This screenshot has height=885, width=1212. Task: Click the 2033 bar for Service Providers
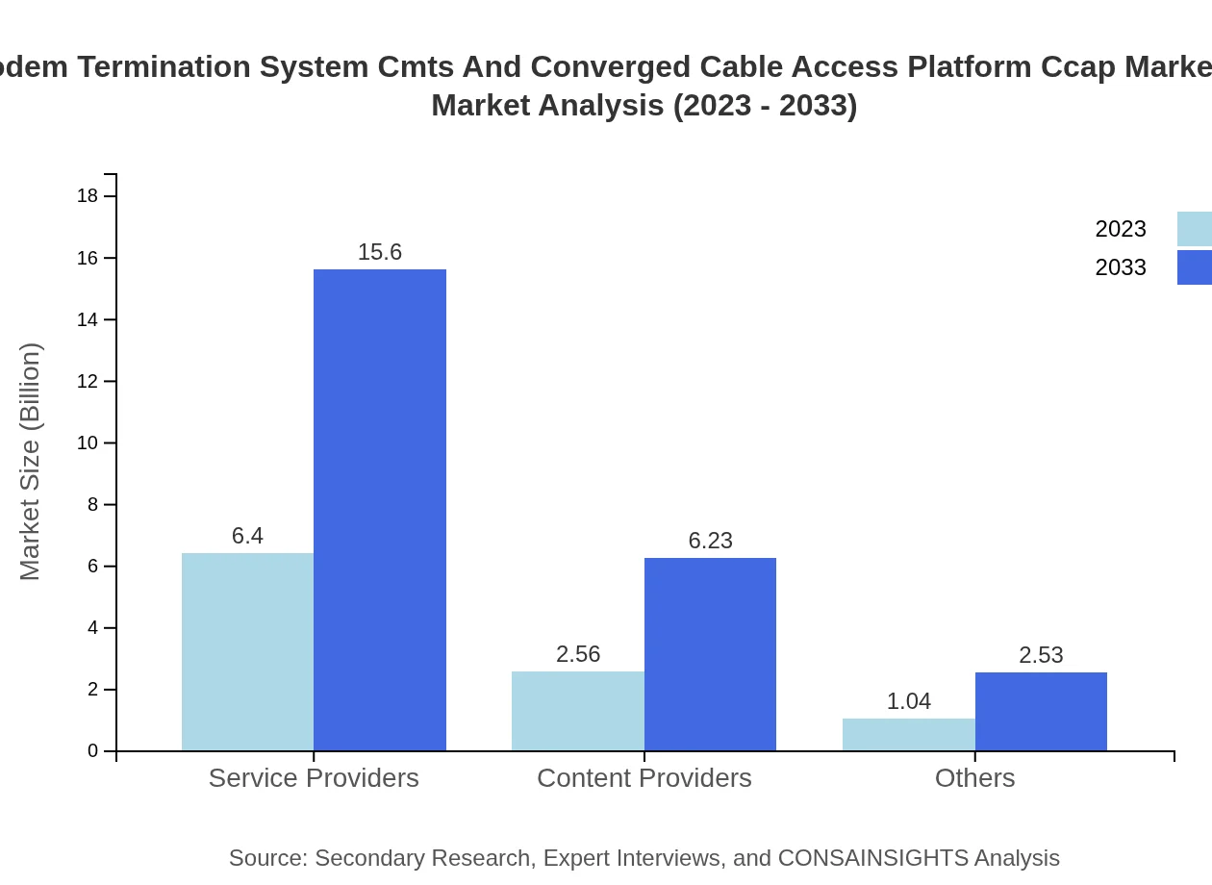380,510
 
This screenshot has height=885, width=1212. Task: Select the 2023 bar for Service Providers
247,652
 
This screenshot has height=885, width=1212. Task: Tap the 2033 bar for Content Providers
710,654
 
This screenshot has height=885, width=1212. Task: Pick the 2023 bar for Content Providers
578,711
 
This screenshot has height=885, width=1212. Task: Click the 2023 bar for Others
909,735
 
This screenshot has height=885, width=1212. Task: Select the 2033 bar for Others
1041,712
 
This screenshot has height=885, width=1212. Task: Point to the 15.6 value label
380,252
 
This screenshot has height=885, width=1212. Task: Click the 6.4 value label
247,536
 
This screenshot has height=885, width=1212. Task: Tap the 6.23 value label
710,541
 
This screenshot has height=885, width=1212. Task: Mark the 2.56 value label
578,654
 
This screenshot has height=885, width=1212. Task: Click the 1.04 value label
909,701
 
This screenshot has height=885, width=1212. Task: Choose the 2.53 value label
1041,655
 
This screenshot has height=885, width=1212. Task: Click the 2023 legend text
1121,229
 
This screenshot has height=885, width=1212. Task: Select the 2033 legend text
1121,267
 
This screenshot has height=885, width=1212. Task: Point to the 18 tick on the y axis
88,196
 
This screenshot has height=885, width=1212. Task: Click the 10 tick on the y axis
88,443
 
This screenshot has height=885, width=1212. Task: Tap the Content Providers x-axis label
644,777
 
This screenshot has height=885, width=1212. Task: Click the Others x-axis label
974,777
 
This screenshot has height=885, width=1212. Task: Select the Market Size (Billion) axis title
30,462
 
